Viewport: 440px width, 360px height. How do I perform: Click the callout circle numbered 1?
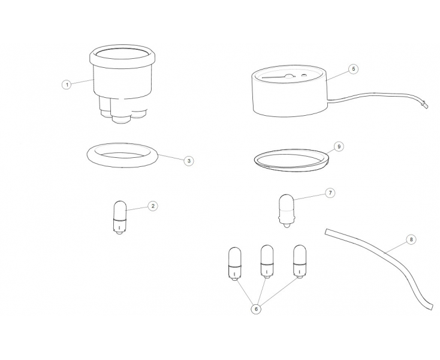point(67,84)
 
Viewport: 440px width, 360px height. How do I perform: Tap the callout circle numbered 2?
point(153,206)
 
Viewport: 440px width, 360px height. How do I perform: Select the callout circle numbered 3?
point(189,161)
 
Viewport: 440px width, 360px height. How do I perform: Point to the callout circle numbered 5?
point(354,69)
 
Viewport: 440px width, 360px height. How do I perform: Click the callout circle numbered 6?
point(256,309)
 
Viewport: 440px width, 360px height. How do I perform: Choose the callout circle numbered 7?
point(330,193)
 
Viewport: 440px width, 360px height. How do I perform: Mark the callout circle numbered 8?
point(411,239)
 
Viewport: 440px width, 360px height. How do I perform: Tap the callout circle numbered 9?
point(339,146)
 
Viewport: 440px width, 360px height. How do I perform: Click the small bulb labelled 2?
point(120,217)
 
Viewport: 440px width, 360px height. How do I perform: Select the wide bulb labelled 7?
point(286,211)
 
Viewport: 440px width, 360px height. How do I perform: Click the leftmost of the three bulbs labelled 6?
point(234,263)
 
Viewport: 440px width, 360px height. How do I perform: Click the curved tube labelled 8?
point(384,254)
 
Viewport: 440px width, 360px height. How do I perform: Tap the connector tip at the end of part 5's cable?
point(424,105)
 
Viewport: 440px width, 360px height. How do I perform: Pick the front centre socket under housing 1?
point(121,112)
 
